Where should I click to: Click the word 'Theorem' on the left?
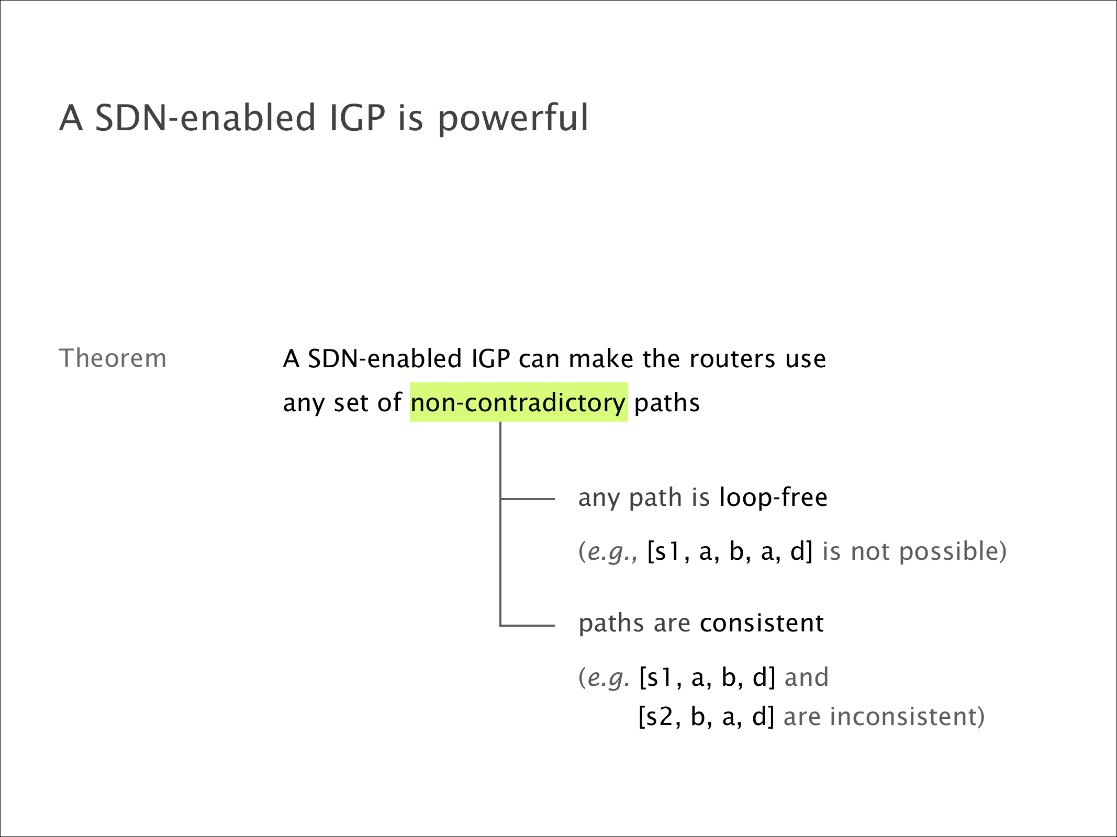[x=113, y=358]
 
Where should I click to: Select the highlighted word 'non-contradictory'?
[x=518, y=403]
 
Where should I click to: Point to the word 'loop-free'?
[x=774, y=497]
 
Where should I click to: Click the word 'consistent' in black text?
[x=762, y=623]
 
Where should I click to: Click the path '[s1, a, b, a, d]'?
[x=730, y=552]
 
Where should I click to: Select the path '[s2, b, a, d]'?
[x=707, y=717]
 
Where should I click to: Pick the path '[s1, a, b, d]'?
[x=707, y=677]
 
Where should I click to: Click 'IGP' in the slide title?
[x=358, y=118]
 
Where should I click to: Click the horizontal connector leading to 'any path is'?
[x=528, y=499]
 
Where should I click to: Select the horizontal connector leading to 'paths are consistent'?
[x=528, y=625]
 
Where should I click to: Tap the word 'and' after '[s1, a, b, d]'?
[x=807, y=677]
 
